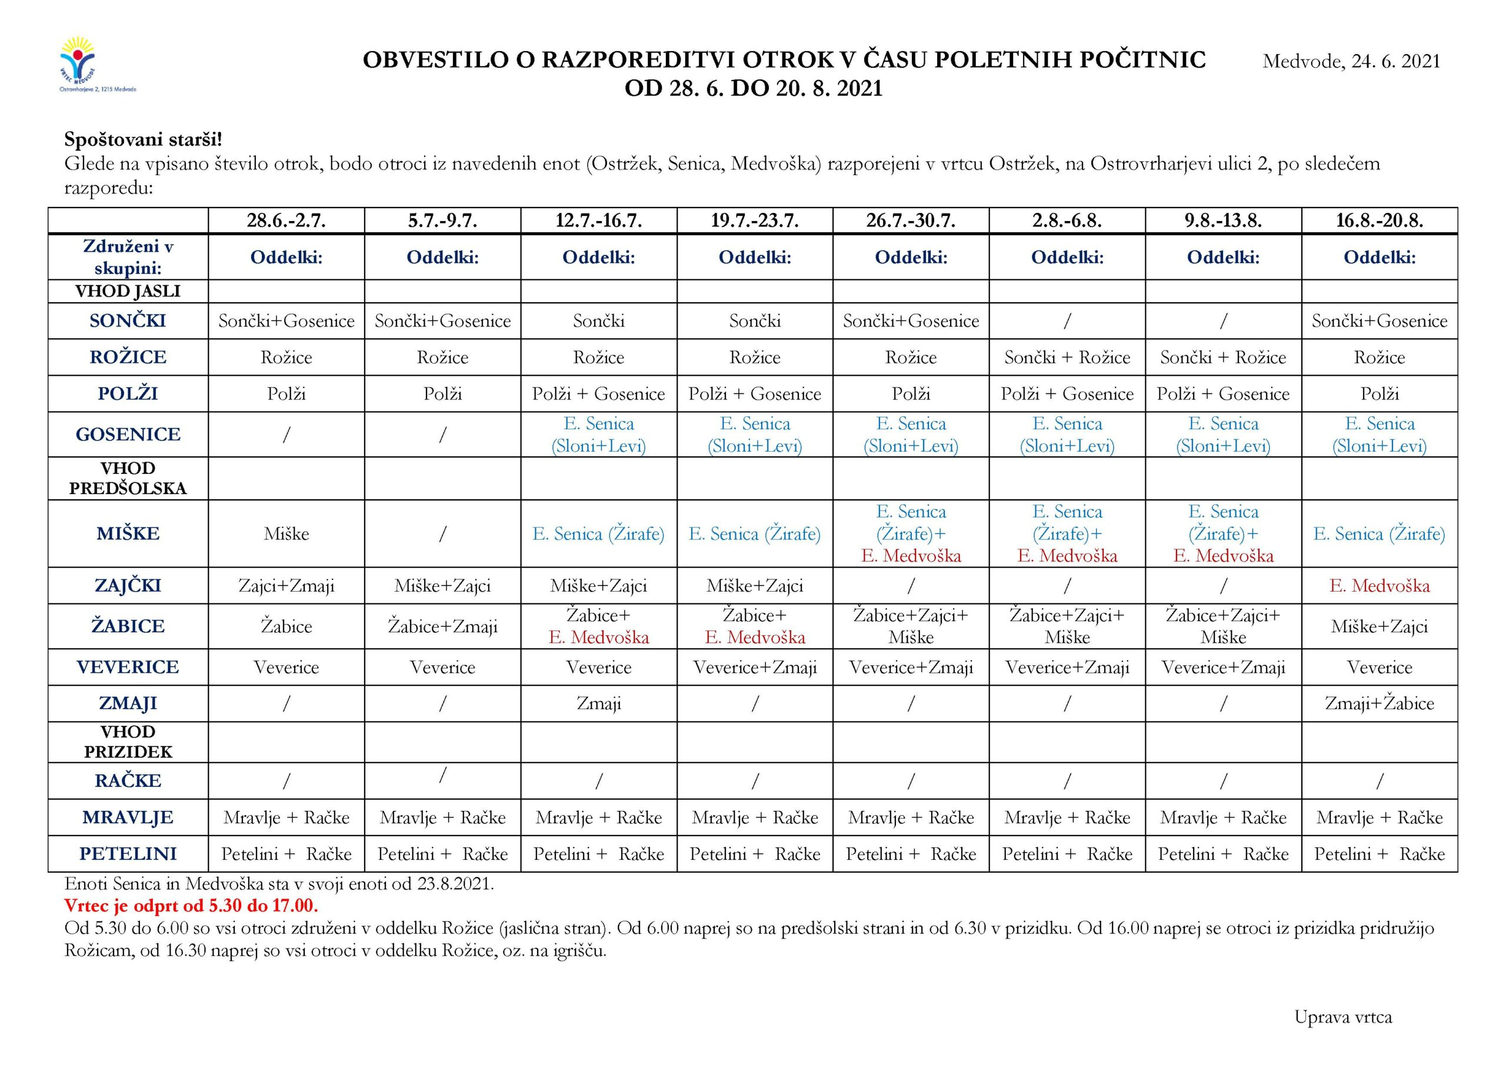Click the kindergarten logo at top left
pyautogui.click(x=96, y=66)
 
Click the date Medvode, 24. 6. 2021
pyautogui.click(x=1351, y=62)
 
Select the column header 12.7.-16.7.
pyautogui.click(x=598, y=221)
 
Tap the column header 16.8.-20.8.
pyautogui.click(x=1380, y=221)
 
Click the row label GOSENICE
pyautogui.click(x=128, y=434)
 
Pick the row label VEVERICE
pyautogui.click(x=128, y=667)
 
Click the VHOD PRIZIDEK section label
pyautogui.click(x=128, y=742)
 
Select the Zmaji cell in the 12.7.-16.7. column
pyautogui.click(x=598, y=704)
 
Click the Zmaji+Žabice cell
pyautogui.click(x=1380, y=704)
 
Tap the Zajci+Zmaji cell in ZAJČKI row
pyautogui.click(x=286, y=586)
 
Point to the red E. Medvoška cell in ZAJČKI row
pyautogui.click(x=1380, y=586)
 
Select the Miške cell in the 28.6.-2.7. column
pyautogui.click(x=286, y=534)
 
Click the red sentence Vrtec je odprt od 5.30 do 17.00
pyautogui.click(x=191, y=906)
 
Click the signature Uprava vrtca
pyautogui.click(x=1342, y=1017)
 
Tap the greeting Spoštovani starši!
pyautogui.click(x=143, y=140)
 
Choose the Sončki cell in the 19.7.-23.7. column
pyautogui.click(x=754, y=320)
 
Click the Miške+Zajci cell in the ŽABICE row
pyautogui.click(x=1380, y=626)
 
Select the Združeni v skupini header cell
pyautogui.click(x=128, y=257)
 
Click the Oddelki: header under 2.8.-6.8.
pyautogui.click(x=1067, y=257)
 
